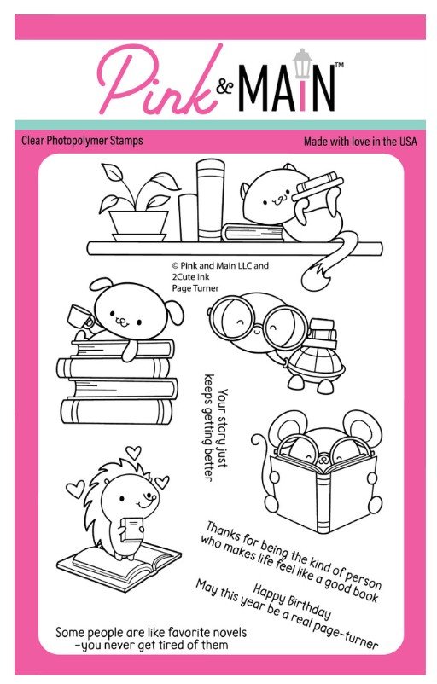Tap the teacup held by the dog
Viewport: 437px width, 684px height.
coord(80,316)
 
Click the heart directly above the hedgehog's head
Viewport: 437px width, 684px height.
coord(133,452)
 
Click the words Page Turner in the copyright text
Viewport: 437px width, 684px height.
coord(195,288)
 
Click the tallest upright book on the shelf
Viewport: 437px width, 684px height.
coord(210,200)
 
